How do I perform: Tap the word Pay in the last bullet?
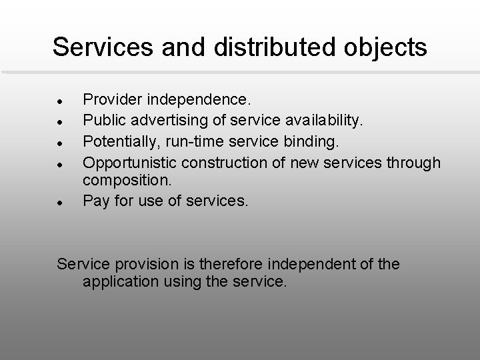point(95,199)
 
